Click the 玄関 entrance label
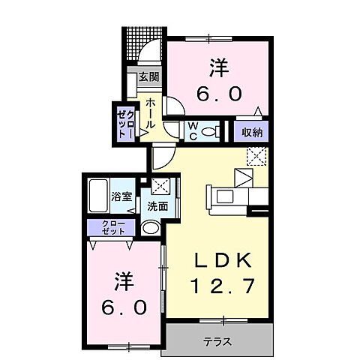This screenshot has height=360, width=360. click(148, 76)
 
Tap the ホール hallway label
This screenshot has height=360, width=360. click(151, 112)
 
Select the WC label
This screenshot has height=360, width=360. click(193, 131)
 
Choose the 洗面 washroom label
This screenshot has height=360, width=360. click(157, 206)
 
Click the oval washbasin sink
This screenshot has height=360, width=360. click(151, 228)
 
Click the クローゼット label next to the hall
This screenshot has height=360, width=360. click(124, 122)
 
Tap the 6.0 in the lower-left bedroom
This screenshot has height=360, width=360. click(125, 307)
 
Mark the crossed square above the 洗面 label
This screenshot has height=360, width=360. click(160, 186)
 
